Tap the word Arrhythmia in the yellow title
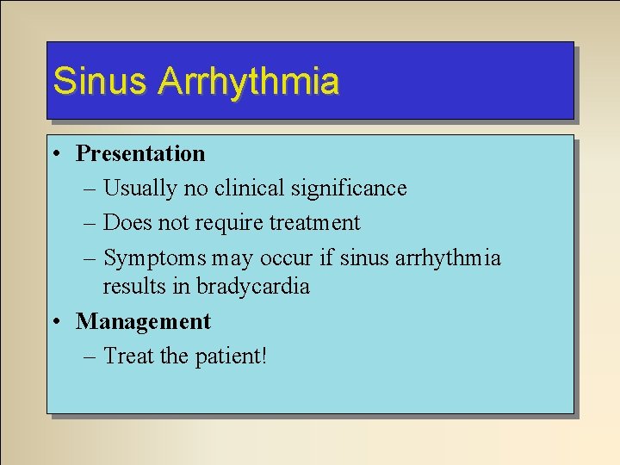click(248, 81)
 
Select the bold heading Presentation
click(140, 154)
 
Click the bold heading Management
click(143, 322)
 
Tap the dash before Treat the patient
click(91, 356)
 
